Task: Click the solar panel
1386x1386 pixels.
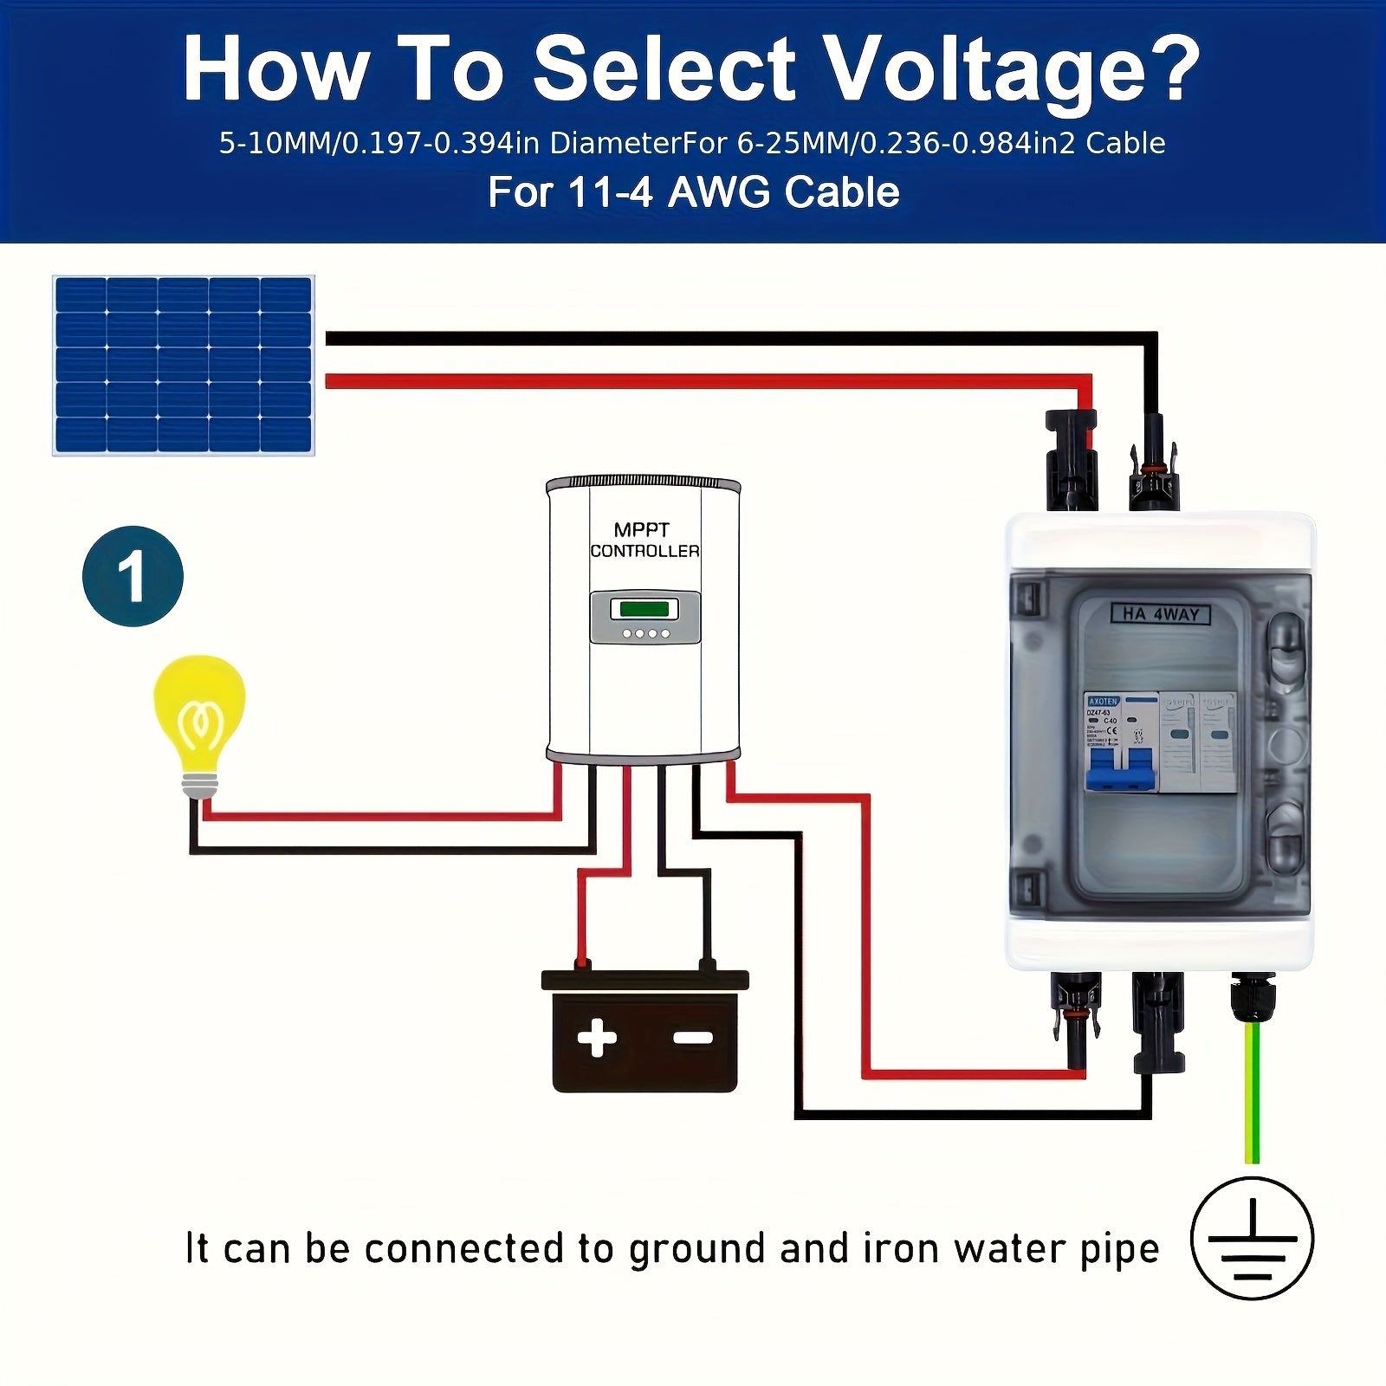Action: (184, 366)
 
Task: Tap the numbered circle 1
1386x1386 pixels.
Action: (133, 576)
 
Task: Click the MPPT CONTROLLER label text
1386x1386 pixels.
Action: (644, 540)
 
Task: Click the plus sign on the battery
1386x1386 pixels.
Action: (597, 1037)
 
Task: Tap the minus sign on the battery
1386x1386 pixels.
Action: (693, 1037)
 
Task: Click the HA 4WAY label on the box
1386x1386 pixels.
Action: (1161, 614)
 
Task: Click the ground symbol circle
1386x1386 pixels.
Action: (1252, 1238)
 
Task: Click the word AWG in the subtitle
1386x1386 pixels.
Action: (718, 192)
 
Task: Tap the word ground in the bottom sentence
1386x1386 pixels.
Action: (699, 1249)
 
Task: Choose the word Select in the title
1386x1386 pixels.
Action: (663, 69)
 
